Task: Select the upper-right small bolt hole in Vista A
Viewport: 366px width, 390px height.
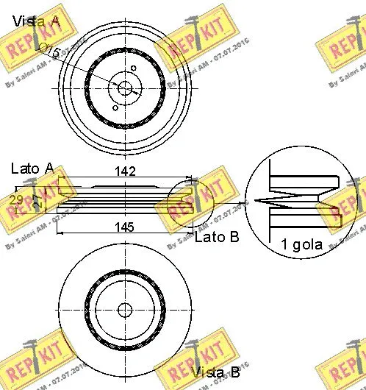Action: click(x=135, y=71)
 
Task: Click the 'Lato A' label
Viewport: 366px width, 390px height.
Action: click(x=32, y=169)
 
